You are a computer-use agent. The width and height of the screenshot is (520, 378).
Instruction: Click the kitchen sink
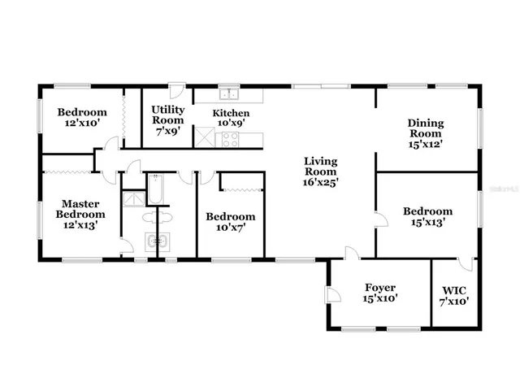[x=230, y=93]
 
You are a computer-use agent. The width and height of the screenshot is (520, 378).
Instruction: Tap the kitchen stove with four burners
[x=230, y=139]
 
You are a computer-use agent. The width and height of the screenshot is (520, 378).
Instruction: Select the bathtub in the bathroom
[x=156, y=192]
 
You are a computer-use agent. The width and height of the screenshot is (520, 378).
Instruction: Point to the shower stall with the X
[x=131, y=198]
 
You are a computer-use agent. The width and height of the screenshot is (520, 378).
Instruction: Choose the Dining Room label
[x=425, y=128]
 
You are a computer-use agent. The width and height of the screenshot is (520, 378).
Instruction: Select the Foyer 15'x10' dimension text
[x=379, y=299]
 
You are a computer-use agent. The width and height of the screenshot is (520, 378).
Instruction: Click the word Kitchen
[x=231, y=113]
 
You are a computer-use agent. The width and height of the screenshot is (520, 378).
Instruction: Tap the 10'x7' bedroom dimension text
[x=230, y=228]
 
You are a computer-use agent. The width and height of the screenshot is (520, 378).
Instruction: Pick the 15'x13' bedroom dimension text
[x=427, y=223]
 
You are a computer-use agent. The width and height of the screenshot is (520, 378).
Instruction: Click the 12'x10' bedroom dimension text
[x=81, y=124]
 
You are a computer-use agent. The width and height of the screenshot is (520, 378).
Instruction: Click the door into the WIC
[x=464, y=263]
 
